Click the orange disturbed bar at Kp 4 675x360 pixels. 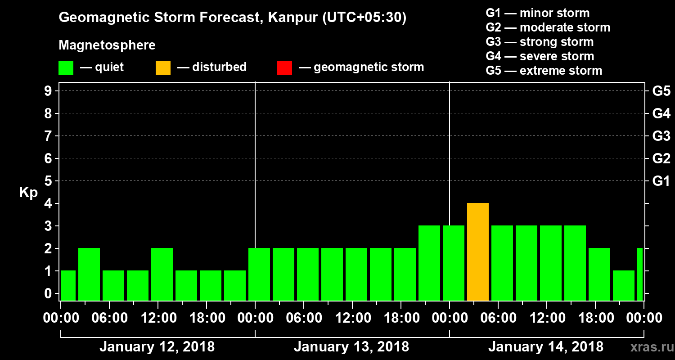click(478, 252)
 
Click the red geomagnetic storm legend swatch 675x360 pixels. click(285, 68)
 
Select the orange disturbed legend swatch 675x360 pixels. click(163, 68)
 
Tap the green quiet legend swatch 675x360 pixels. click(66, 68)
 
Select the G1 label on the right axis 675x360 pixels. click(661, 181)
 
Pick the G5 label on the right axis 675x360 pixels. click(661, 91)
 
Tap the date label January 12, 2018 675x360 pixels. click(157, 347)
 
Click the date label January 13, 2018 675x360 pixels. click(351, 347)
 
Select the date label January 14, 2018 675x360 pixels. click(546, 347)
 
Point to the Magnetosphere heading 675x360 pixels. click(107, 45)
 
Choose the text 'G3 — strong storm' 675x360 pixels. click(540, 42)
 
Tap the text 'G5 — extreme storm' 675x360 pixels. click(544, 71)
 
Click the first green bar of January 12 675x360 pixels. click(68, 285)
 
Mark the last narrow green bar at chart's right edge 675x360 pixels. click(640, 274)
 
